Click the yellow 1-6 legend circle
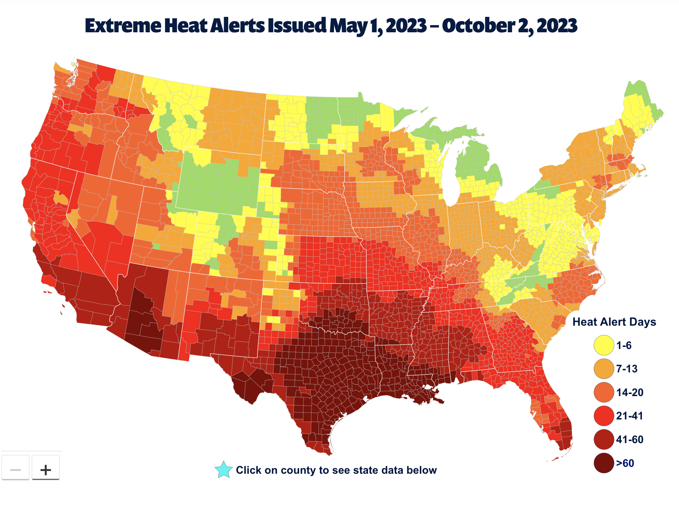pyautogui.click(x=603, y=345)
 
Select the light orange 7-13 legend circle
pyautogui.click(x=603, y=369)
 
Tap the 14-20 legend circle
pyautogui.click(x=603, y=392)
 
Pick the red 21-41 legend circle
pyautogui.click(x=603, y=416)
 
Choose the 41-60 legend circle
pyautogui.click(x=603, y=440)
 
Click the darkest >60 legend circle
pyautogui.click(x=603, y=463)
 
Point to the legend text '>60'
pyautogui.click(x=625, y=463)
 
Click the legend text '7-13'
pyautogui.click(x=626, y=369)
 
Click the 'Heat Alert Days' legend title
pyautogui.click(x=614, y=322)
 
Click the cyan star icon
pyautogui.click(x=223, y=470)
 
